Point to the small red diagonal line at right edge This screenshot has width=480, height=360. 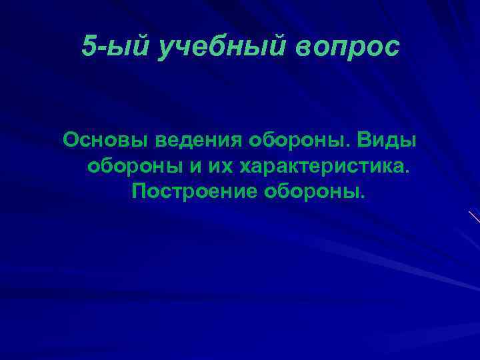pos(474,216)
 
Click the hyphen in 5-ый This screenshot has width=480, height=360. pos(102,47)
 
